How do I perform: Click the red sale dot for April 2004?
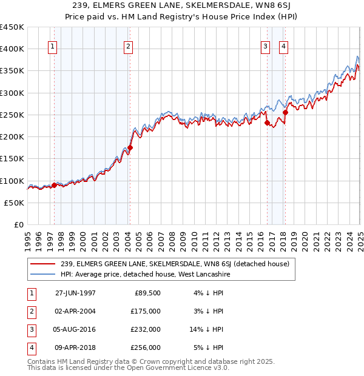130,147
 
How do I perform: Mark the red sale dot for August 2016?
267,123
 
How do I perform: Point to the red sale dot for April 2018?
285,112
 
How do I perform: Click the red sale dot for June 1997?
55,185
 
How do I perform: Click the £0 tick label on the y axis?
18,224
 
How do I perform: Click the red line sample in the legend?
42,264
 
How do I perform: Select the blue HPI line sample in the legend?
42,274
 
